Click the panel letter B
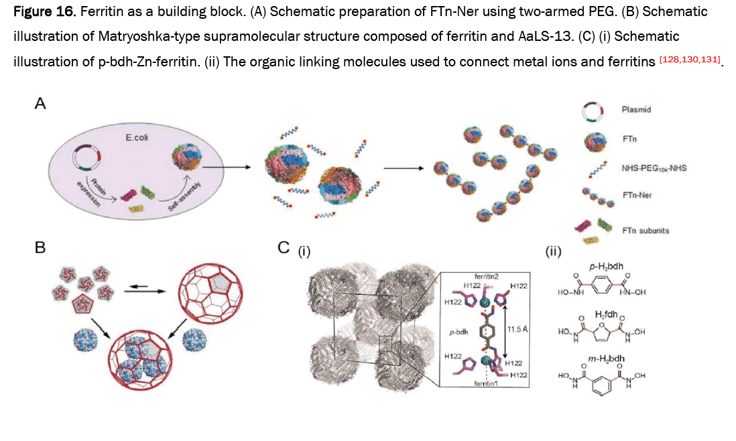40,247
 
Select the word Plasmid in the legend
635,109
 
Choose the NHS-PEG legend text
654,168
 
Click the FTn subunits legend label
646,230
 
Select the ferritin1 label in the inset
486,383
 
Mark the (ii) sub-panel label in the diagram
554,252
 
